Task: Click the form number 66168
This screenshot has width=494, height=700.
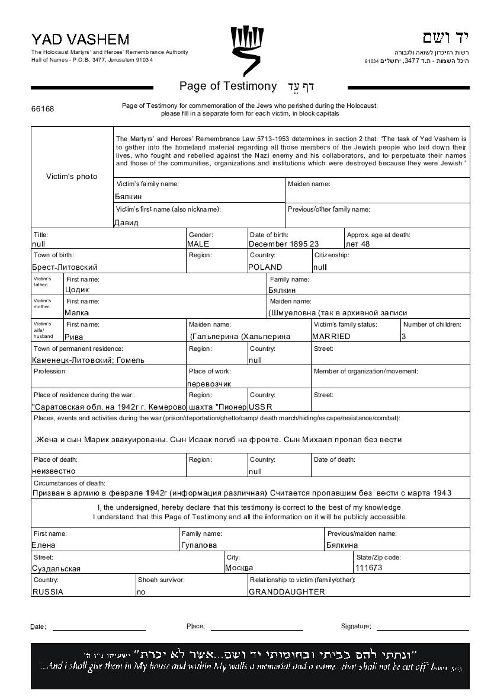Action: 43,109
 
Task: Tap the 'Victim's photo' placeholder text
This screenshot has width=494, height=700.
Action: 72,177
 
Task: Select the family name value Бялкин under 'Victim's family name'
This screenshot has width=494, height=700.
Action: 129,196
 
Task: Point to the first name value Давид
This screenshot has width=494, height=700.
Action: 126,223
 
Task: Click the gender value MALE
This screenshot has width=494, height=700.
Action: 198,244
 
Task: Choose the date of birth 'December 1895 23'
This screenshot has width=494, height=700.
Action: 284,244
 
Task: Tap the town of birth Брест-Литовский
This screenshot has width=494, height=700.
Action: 65,267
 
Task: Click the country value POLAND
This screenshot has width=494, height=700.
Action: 265,267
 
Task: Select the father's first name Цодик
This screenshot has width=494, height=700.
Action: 77,290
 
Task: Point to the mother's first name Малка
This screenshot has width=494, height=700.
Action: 77,312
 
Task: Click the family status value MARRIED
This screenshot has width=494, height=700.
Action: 331,336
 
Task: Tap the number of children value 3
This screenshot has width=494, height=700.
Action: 404,336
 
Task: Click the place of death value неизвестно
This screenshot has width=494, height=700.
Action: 54,471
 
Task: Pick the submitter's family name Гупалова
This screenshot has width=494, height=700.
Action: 199,545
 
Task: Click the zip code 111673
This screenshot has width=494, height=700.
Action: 369,568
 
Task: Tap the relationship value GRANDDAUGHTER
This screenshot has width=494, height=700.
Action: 287,592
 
